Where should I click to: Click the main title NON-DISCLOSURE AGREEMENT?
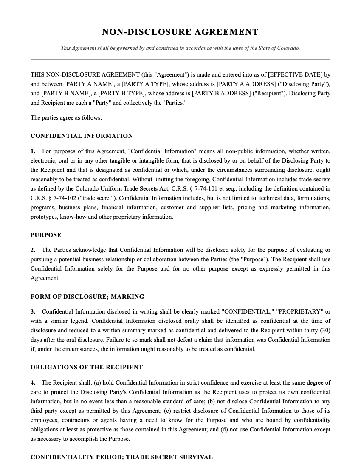pos(180,32)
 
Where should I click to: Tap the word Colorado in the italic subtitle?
pos(289,48)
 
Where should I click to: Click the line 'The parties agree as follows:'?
pos(66,117)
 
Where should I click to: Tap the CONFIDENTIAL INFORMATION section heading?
pos(82,136)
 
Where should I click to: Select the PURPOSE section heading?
pos(46,235)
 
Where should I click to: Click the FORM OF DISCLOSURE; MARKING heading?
pos(87,297)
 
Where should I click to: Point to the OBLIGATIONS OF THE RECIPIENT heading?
pos(87,367)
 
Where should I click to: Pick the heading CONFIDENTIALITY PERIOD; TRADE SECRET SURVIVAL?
pos(121,457)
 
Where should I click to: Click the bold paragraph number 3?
pos(33,312)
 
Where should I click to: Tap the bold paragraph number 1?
pos(33,151)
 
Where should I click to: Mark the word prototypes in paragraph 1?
pos(44,217)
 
